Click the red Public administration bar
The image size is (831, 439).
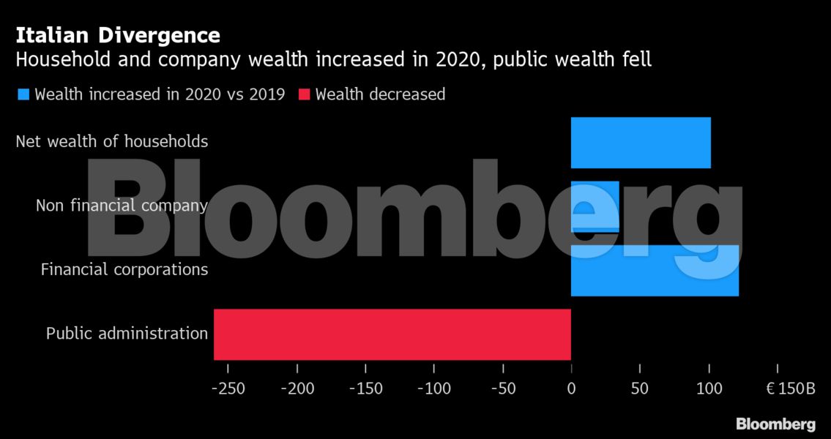point(392,334)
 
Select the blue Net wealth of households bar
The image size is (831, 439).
point(641,142)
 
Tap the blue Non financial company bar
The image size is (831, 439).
point(595,206)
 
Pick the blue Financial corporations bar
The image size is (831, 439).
point(655,270)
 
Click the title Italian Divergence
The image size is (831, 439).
point(118,35)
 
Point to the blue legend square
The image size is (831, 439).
point(23,94)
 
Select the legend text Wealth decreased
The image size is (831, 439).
point(380,94)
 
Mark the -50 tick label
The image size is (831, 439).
point(502,389)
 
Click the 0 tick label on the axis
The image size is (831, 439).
point(571,389)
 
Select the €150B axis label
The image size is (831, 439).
point(790,389)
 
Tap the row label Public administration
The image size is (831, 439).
point(127,334)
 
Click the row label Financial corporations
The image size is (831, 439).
point(124,270)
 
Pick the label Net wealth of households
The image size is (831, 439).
point(111,141)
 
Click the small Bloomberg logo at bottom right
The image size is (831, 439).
point(775,424)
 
